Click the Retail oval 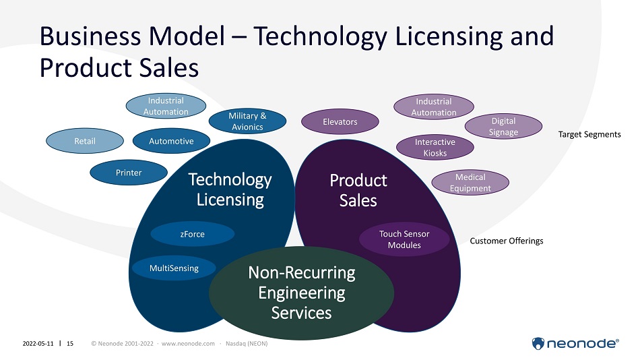(x=85, y=141)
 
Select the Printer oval (x=129, y=173)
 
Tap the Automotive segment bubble (x=171, y=141)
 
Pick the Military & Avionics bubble (x=247, y=121)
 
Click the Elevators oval (x=340, y=121)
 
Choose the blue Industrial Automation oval (x=166, y=106)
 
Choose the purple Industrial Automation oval (x=434, y=107)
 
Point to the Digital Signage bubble (x=504, y=126)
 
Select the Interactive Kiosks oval (x=435, y=147)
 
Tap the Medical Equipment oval (x=470, y=182)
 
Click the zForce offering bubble (x=192, y=234)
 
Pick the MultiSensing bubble (x=174, y=268)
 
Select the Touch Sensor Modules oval (x=404, y=239)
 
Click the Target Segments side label (x=589, y=134)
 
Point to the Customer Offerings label (x=507, y=241)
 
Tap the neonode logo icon (x=538, y=344)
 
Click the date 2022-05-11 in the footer (x=38, y=344)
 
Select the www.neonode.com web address (x=188, y=344)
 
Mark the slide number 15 (x=70, y=344)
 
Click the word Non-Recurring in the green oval (x=302, y=273)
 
